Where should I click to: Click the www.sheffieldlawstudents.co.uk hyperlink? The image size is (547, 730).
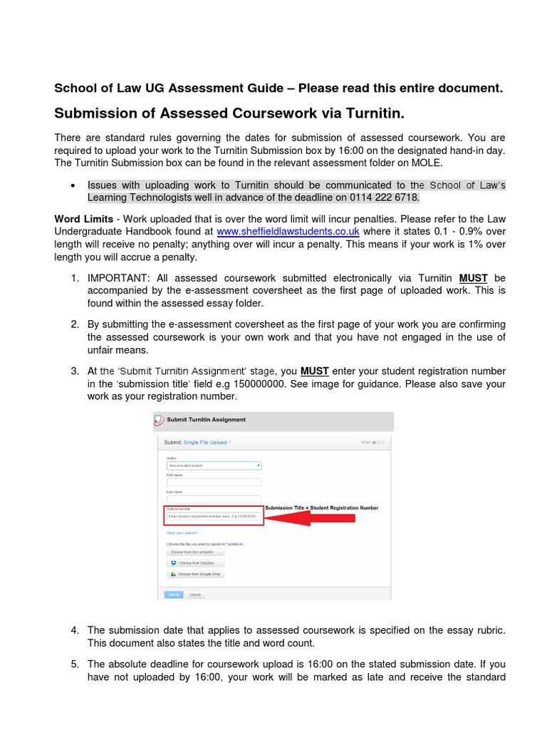click(x=288, y=232)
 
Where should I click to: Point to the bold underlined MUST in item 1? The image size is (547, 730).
click(x=473, y=278)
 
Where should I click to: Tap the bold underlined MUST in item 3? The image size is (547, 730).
click(x=314, y=371)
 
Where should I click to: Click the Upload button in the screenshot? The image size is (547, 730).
click(x=174, y=594)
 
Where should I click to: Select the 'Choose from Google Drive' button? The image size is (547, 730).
click(x=195, y=573)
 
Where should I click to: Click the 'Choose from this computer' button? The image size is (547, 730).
click(x=195, y=551)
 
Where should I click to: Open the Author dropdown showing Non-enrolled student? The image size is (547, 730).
click(x=214, y=466)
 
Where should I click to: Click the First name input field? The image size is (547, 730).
click(x=214, y=482)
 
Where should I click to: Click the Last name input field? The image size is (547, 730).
click(x=214, y=499)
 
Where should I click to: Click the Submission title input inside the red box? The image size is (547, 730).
click(x=214, y=516)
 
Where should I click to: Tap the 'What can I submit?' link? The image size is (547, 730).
click(x=182, y=533)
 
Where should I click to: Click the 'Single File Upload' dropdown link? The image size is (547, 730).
click(x=207, y=442)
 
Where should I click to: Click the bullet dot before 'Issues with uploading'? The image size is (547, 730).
click(x=74, y=185)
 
